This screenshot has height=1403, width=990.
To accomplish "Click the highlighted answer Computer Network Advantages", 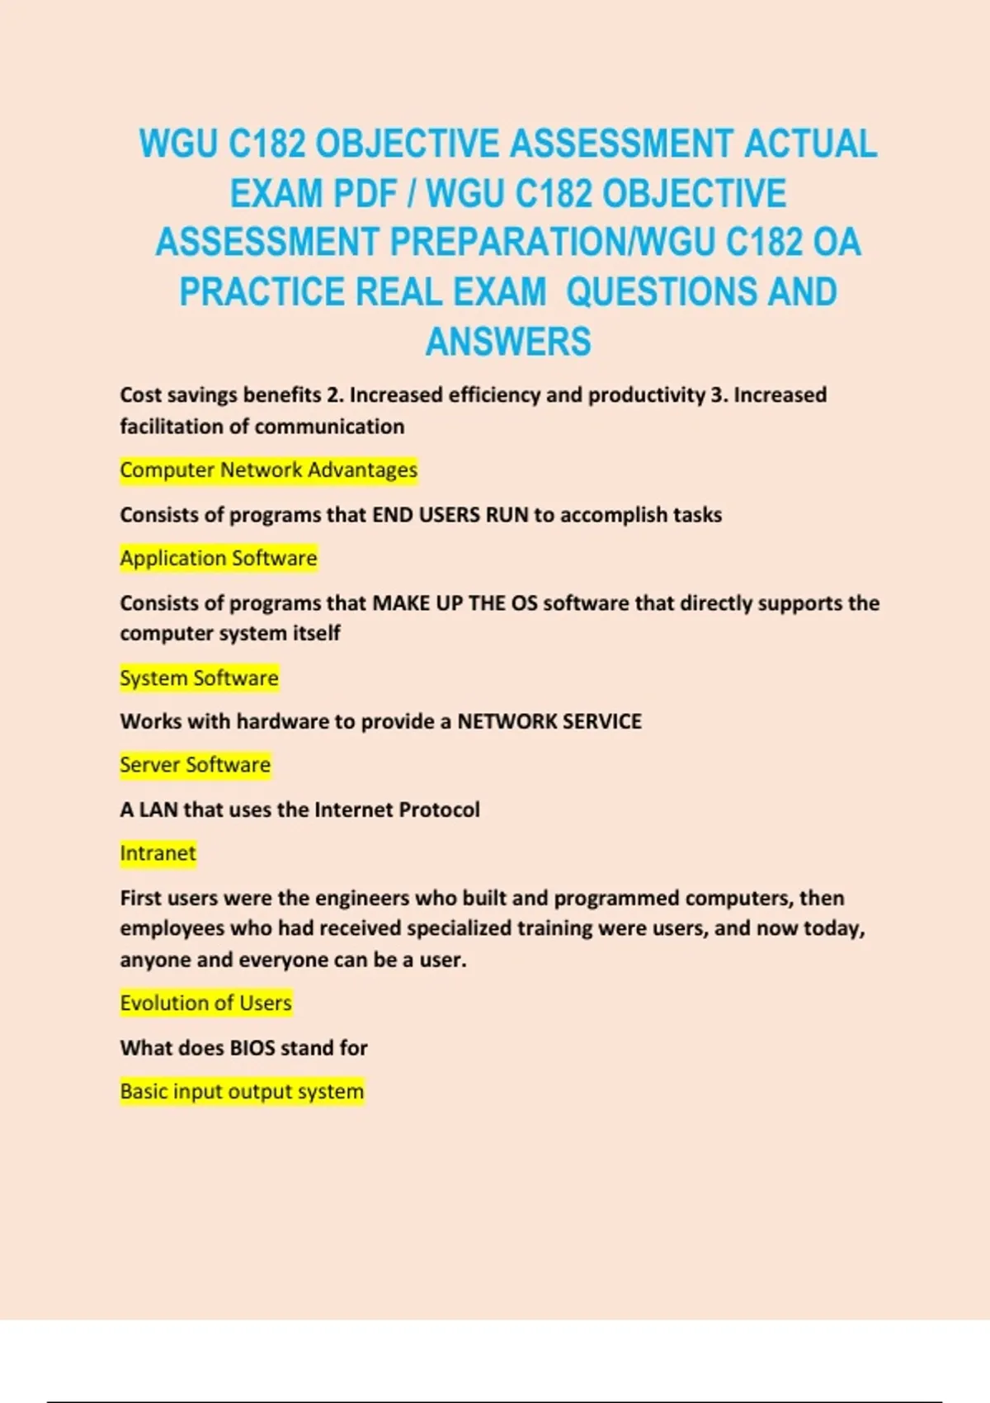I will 268,470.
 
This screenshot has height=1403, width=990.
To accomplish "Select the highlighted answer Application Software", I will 218,558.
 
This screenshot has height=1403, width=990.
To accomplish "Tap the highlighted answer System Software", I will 199,678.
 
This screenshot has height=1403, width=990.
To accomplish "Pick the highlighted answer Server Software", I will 195,764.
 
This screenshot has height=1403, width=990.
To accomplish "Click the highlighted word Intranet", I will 158,853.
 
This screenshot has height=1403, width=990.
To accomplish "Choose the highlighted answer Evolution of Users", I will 205,1003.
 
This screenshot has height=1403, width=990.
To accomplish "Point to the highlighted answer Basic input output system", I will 242,1091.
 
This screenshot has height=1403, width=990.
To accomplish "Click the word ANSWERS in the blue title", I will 508,342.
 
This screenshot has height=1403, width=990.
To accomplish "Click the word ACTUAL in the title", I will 810,144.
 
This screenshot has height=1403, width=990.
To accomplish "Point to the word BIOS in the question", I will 252,1047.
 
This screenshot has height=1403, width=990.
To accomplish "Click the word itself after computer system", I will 317,633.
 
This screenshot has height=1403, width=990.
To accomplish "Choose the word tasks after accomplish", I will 697,515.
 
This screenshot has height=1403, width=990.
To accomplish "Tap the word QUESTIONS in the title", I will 661,292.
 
